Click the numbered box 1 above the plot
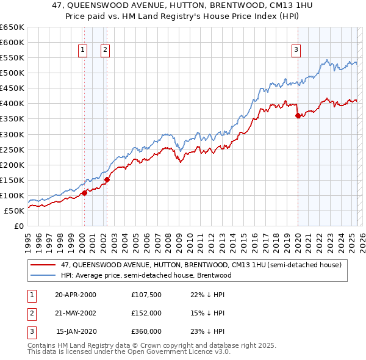[82, 51]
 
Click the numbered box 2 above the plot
[105, 51]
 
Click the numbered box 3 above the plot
[296, 51]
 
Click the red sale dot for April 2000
[84, 193]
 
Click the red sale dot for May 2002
[107, 179]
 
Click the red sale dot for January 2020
[298, 115]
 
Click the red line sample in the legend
[43, 264]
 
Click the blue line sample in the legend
[43, 275]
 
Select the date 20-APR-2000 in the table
[76, 295]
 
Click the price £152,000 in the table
[146, 313]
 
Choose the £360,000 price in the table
[146, 331]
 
